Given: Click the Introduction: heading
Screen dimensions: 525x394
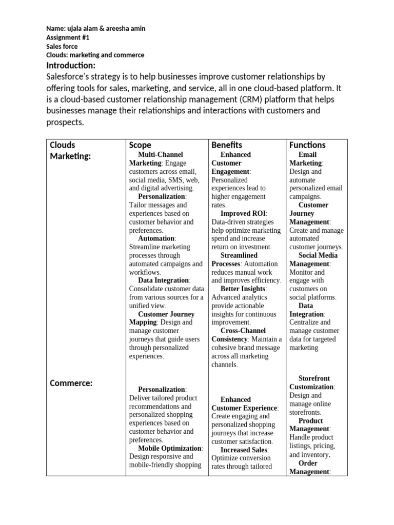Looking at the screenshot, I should pos(70,65).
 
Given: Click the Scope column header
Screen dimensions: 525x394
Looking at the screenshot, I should pos(140,145).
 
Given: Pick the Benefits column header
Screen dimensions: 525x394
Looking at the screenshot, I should pos(226,145).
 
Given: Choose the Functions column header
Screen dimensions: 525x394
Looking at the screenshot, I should pos(307,145).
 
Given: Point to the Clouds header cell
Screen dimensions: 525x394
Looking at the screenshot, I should pos(62,145).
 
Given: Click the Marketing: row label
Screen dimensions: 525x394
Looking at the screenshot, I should pos(70,156).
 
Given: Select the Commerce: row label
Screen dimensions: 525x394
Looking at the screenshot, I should pos(71,383).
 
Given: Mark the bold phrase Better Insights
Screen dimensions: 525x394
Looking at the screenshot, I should pos(243,289).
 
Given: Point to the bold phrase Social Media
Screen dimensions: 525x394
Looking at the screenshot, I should pos(318,255).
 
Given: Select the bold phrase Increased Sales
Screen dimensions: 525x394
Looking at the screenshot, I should pos(244,450).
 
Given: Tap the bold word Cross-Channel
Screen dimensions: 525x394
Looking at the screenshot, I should pos(244,331).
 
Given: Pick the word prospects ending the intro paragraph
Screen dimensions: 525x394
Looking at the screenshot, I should pos(64,123).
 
